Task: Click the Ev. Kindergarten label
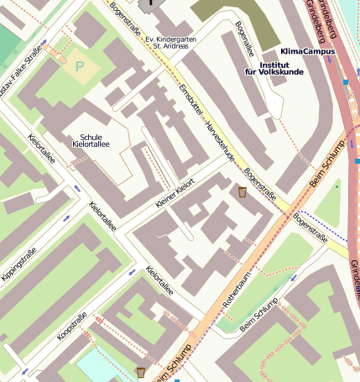[171, 39]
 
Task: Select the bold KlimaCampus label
[307, 51]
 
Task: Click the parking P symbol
[81, 65]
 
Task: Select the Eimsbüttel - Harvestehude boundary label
[208, 126]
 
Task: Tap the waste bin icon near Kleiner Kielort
[243, 192]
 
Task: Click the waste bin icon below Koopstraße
[140, 371]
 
